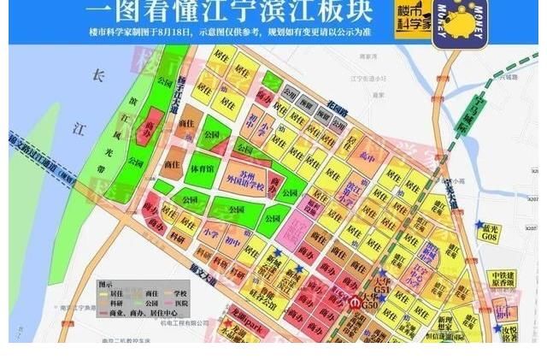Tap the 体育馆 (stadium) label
[x=203, y=168]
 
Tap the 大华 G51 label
[x=382, y=285]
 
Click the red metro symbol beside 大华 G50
[x=358, y=300]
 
